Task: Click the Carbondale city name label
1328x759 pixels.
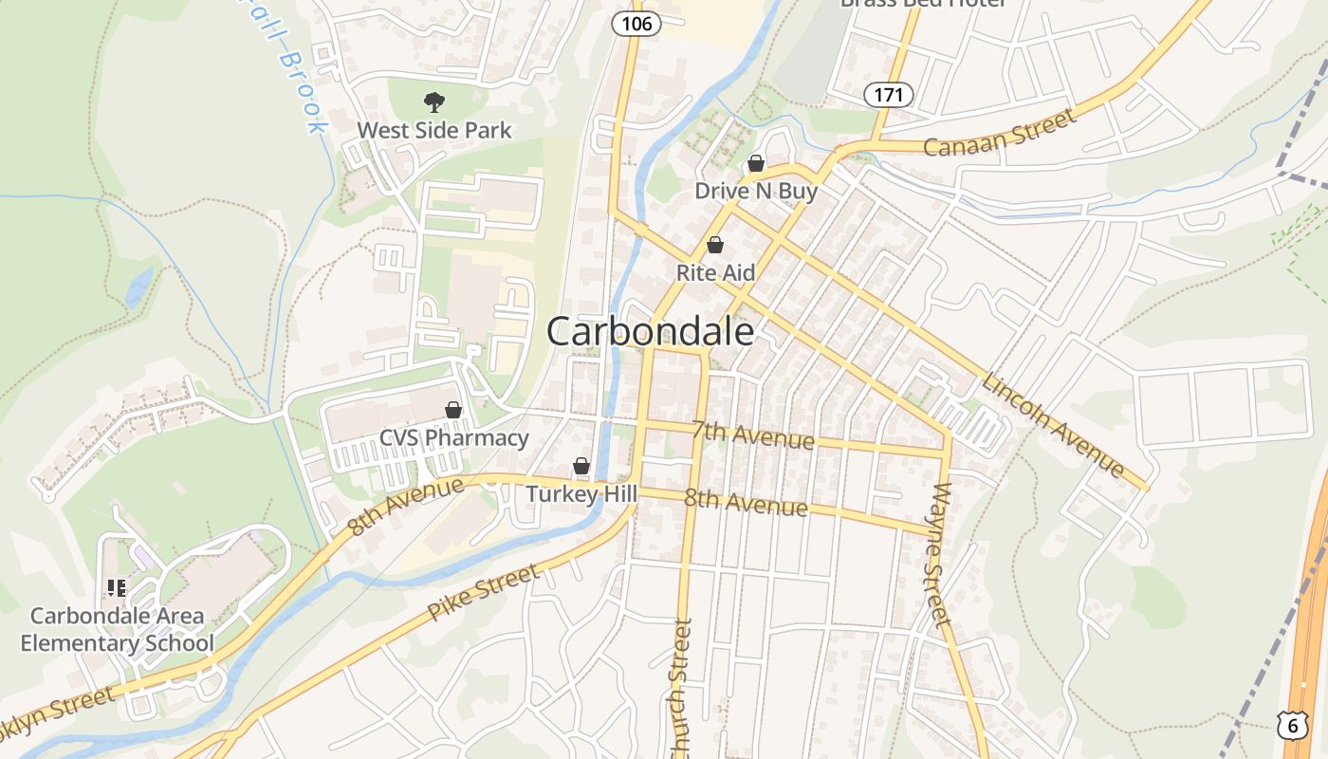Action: tap(651, 331)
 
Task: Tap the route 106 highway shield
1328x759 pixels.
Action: tap(636, 23)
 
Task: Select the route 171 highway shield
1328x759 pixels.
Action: tap(889, 95)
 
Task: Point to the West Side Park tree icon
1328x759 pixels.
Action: tap(434, 102)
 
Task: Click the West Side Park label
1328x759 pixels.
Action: tap(434, 130)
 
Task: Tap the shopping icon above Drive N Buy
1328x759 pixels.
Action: tap(756, 163)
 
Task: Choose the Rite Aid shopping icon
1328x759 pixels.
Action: tap(715, 245)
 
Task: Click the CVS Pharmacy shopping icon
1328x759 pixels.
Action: tap(453, 410)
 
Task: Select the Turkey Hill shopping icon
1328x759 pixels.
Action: tap(581, 466)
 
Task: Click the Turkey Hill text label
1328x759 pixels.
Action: tap(576, 493)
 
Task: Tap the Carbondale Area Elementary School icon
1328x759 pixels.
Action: tap(116, 588)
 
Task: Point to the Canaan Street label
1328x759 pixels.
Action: tap(1000, 133)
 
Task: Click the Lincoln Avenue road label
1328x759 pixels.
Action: tap(1053, 425)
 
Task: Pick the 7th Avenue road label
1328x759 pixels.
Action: tap(752, 435)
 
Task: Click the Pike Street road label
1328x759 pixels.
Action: tap(484, 592)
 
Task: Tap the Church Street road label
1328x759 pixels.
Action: tap(680, 688)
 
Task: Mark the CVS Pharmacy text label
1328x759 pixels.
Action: tap(454, 437)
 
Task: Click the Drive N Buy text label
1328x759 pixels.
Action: tap(756, 191)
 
